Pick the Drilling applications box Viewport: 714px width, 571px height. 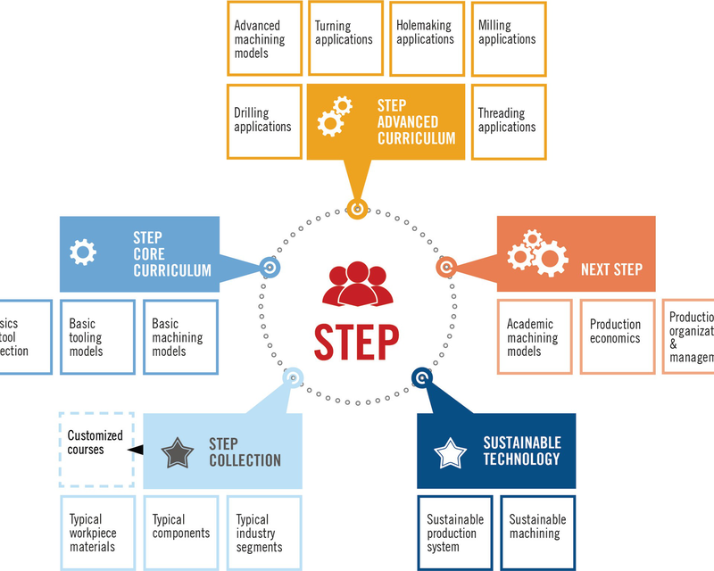click(264, 121)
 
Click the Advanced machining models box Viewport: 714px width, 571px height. click(264, 38)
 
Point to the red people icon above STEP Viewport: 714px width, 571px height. click(356, 285)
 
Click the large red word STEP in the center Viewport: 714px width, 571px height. click(356, 340)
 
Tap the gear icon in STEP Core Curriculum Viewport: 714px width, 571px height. click(83, 252)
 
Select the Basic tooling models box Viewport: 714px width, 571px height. click(98, 337)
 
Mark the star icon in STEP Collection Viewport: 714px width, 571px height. click(178, 452)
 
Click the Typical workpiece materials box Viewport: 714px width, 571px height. click(97, 533)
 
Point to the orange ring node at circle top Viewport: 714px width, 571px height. click(357, 211)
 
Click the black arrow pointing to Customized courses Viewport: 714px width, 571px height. click(137, 449)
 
